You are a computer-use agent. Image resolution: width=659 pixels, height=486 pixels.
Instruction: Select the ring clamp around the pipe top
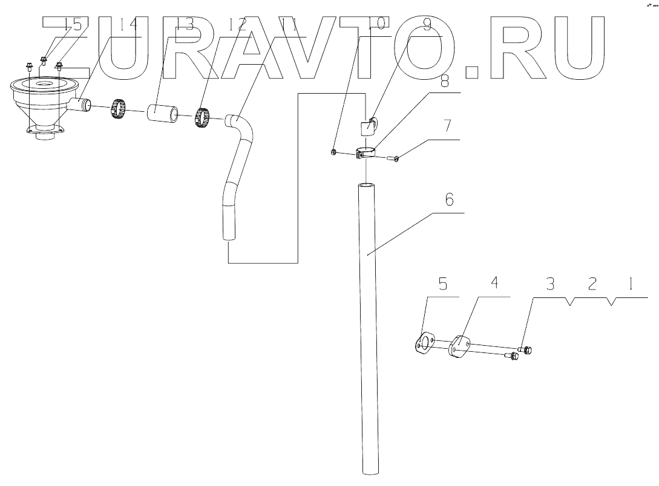pyautogui.click(x=366, y=151)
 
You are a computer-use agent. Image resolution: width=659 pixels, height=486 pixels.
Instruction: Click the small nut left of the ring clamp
pyautogui.click(x=333, y=152)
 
